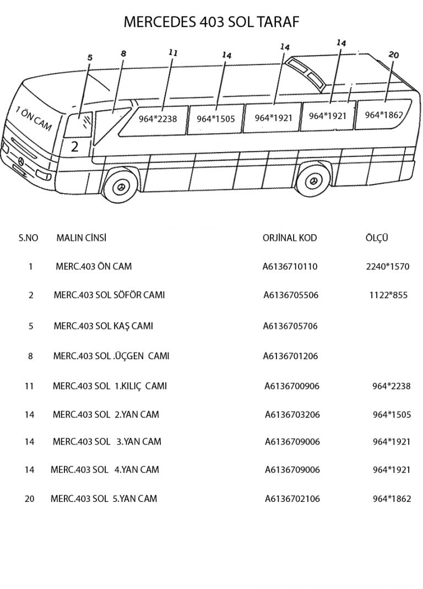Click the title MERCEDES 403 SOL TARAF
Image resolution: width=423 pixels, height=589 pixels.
pos(211,22)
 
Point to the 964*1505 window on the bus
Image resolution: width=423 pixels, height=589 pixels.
pos(215,118)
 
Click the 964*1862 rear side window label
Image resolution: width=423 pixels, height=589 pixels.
pos(384,115)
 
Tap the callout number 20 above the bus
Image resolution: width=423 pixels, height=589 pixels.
pos(393,55)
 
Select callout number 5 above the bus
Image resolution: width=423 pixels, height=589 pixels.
pos(90,57)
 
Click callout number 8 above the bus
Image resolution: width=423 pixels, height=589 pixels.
pos(123,53)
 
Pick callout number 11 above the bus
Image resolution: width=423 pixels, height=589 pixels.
pos(173,53)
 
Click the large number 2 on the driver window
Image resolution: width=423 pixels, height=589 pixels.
pos(75,147)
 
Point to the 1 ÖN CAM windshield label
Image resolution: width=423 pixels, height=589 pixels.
pos(34,119)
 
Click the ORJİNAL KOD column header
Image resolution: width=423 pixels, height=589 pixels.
pos(290,238)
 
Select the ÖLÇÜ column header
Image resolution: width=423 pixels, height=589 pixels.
pos(377,238)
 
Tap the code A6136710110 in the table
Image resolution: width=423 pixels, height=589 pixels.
pos(290,267)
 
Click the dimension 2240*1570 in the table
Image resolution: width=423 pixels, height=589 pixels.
pos(388,267)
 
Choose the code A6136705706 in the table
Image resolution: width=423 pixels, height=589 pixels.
pos(290,326)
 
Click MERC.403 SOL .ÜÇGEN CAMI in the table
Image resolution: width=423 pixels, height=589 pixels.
pos(111,356)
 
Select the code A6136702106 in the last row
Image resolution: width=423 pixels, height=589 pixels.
pos(292,499)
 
